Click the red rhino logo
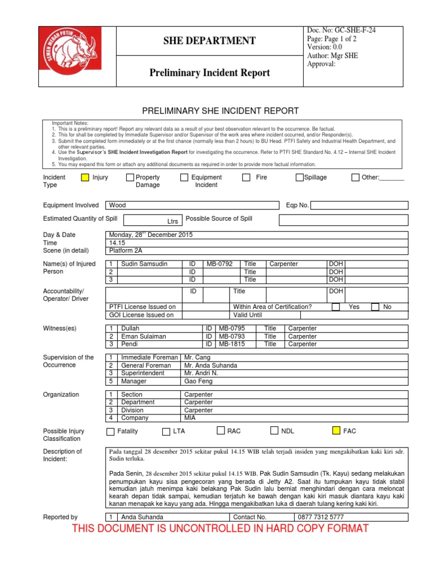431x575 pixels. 70,56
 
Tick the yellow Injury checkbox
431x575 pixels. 85,177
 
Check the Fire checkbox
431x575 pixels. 246,177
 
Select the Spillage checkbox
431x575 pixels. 300,177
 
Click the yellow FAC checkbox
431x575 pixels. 336,431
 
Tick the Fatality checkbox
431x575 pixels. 111,432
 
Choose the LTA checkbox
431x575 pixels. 166,432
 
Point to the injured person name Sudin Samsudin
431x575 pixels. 144,264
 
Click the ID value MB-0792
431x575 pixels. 219,264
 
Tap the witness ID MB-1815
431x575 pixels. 231,344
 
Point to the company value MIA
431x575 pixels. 190,418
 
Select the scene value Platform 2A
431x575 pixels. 125,251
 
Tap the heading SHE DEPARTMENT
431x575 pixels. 209,40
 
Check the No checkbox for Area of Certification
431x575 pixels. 375,307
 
